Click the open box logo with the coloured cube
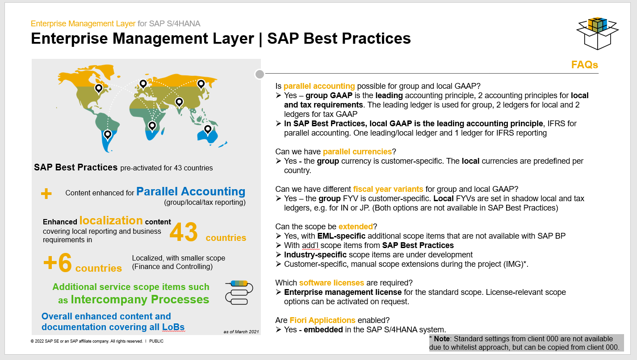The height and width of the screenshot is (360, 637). tap(598, 33)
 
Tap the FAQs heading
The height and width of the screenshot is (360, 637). tap(585, 65)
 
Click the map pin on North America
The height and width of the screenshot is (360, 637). tap(99, 89)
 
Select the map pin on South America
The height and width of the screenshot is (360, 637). tap(108, 135)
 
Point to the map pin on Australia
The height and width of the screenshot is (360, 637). tap(208, 130)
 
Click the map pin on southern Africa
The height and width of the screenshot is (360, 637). tap(152, 126)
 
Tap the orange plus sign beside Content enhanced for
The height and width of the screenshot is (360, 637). tap(46, 194)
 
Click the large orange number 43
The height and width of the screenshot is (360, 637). tap(184, 232)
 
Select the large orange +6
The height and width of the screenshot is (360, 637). tap(58, 262)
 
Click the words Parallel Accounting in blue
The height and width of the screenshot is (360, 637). tap(191, 191)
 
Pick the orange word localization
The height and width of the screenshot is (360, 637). tap(111, 220)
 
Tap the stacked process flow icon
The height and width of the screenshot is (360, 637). tap(239, 293)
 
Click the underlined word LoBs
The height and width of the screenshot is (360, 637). tap(173, 327)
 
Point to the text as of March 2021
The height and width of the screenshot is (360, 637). tap(241, 331)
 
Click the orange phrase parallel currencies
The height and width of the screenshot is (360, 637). tap(357, 152)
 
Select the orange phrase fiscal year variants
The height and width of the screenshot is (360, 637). tap(388, 189)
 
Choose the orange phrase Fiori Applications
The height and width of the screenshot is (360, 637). tap(323, 320)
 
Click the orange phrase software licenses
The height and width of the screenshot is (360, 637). tap(331, 283)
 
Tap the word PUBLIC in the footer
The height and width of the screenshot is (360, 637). tap(156, 341)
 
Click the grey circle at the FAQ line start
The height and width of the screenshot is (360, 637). tap(260, 74)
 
